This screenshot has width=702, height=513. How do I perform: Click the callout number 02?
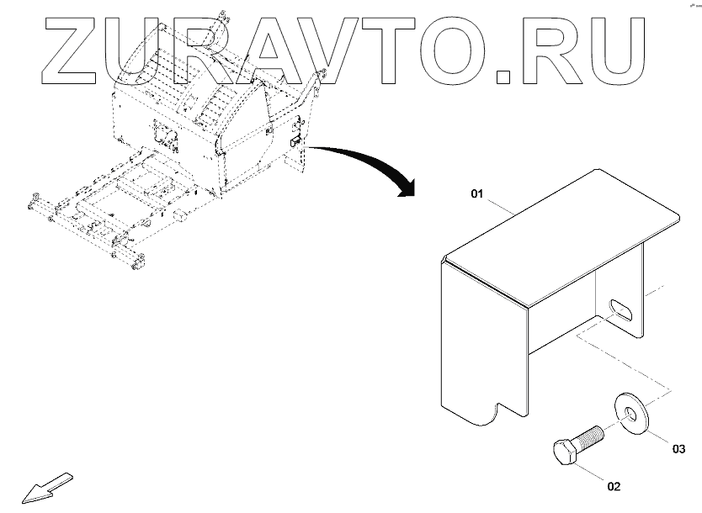tap(614, 486)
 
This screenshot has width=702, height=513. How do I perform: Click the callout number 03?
tap(678, 448)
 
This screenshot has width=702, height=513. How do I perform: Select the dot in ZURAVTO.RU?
tap(504, 77)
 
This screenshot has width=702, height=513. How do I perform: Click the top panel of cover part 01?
tap(564, 235)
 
